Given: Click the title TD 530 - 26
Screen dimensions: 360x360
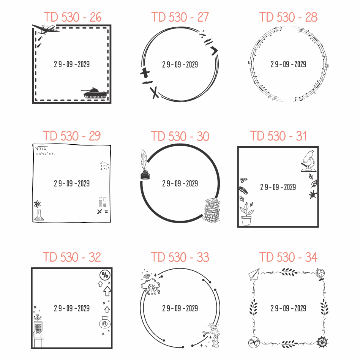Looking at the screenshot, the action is point(73,17).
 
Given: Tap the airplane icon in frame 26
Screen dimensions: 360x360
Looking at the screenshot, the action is point(45,29).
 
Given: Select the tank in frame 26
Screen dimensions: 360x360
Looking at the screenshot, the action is point(94,93).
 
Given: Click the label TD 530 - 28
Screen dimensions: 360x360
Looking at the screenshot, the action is point(288,17).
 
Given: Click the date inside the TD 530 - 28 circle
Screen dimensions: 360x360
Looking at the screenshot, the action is point(288,64).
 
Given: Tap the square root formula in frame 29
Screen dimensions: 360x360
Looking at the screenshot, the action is point(41,148).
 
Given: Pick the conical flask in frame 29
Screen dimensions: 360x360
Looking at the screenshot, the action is point(39,215).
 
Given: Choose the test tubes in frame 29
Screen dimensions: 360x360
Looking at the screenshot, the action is point(103,202).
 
